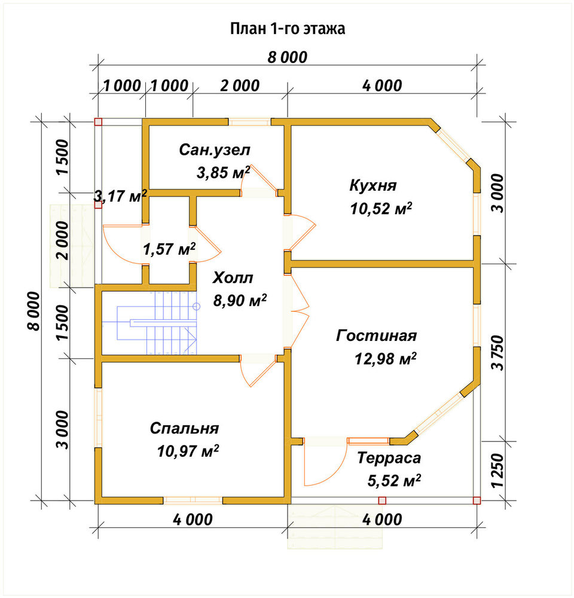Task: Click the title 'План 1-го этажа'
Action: click(x=288, y=29)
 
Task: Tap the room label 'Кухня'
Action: click(x=373, y=185)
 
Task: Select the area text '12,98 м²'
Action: click(x=385, y=358)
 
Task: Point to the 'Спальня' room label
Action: click(x=185, y=428)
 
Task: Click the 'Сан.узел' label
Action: click(x=215, y=150)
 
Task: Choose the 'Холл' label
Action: click(x=233, y=277)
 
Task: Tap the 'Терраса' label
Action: click(x=389, y=457)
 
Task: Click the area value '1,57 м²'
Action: click(x=169, y=249)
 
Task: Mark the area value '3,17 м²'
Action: click(x=120, y=196)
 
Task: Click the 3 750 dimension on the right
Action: click(x=497, y=352)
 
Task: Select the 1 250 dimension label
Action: click(x=497, y=471)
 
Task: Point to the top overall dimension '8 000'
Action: click(x=287, y=57)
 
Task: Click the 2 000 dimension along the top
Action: click(x=240, y=86)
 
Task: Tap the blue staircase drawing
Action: click(x=157, y=323)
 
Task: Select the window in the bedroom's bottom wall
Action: click(x=193, y=500)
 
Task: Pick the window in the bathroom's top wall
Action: click(x=249, y=122)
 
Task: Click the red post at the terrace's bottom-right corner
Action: click(x=477, y=501)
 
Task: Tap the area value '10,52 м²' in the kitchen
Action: click(x=381, y=209)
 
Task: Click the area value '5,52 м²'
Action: click(x=394, y=481)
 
